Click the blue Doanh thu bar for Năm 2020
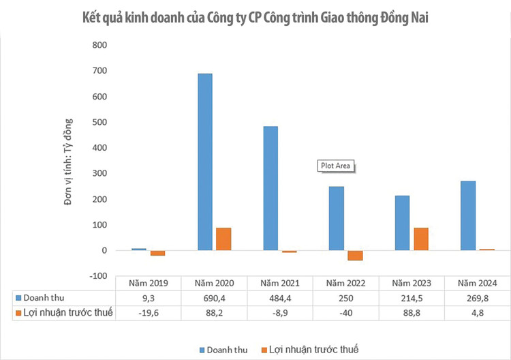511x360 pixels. [204, 162]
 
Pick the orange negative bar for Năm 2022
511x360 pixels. [355, 256]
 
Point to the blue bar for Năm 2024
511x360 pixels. [467, 216]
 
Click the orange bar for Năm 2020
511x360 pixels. [223, 239]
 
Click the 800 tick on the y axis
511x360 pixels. [99, 45]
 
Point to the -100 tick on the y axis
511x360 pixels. [97, 276]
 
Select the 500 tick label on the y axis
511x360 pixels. [99, 122]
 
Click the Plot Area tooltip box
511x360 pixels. [337, 166]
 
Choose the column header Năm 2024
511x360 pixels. [476, 283]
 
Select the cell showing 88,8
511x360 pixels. [411, 313]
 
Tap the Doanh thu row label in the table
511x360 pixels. [44, 298]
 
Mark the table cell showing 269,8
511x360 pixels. [476, 298]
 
